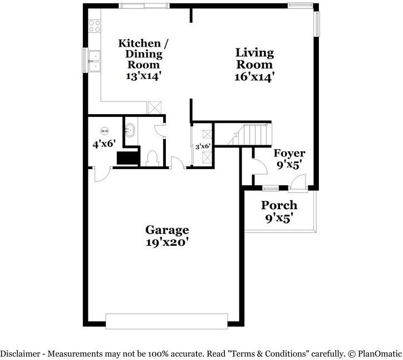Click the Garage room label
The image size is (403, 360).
click(167, 230)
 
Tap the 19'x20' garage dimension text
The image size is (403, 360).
click(167, 243)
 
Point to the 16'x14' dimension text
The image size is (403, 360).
click(254, 77)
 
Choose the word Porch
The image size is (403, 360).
click(279, 205)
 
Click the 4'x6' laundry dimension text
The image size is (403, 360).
click(104, 144)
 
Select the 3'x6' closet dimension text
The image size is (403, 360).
click(203, 146)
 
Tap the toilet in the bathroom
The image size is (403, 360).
click(152, 158)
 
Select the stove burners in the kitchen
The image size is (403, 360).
click(95, 26)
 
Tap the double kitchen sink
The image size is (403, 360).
click(95, 61)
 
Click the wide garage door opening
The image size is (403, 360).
click(166, 322)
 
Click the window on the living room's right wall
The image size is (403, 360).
click(317, 24)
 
